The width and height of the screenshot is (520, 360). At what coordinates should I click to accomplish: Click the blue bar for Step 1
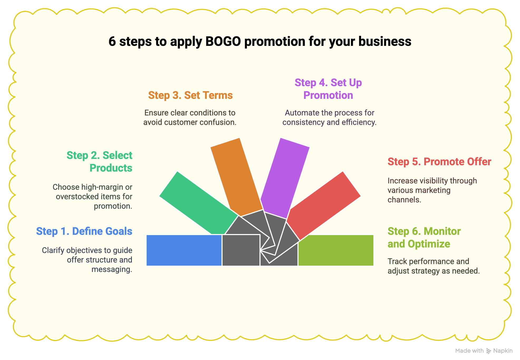click(x=184, y=250)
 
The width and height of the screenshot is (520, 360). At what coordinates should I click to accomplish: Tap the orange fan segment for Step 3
click(x=236, y=177)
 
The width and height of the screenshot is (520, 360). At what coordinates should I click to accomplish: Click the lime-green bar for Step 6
click(x=336, y=250)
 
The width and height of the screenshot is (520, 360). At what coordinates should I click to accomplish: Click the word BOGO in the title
click(x=223, y=42)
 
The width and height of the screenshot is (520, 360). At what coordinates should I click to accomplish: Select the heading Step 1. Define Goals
click(x=84, y=231)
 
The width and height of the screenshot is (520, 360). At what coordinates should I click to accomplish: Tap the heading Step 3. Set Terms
click(x=190, y=95)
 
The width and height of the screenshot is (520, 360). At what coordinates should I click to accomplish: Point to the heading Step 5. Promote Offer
click(x=439, y=162)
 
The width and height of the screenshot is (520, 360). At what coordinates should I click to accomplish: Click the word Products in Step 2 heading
click(x=111, y=168)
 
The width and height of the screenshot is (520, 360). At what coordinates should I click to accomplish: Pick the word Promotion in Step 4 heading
click(x=328, y=95)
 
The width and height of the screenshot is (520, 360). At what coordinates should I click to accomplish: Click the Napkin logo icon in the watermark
click(x=489, y=351)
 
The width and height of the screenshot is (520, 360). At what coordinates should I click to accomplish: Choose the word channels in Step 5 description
click(x=404, y=200)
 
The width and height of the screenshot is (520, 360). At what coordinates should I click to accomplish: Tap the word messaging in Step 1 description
click(x=112, y=269)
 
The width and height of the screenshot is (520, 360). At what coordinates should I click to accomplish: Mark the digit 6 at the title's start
click(x=112, y=42)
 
